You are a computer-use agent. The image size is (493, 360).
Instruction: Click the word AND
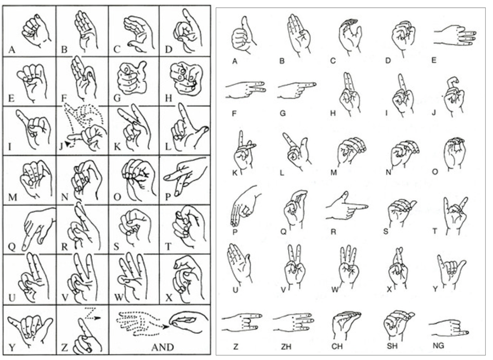tap(163, 347)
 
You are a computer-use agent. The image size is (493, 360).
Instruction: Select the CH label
tap(337, 347)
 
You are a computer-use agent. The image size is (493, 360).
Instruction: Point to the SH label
tap(392, 346)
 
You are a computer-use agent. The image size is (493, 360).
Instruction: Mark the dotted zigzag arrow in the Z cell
tap(93, 314)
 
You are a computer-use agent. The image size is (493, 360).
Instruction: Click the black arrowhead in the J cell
tap(68, 144)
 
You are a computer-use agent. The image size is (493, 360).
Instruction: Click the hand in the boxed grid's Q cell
tap(37, 228)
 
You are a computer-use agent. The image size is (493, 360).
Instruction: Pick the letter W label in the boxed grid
tap(117, 297)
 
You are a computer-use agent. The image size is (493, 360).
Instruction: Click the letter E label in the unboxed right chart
tap(434, 60)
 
